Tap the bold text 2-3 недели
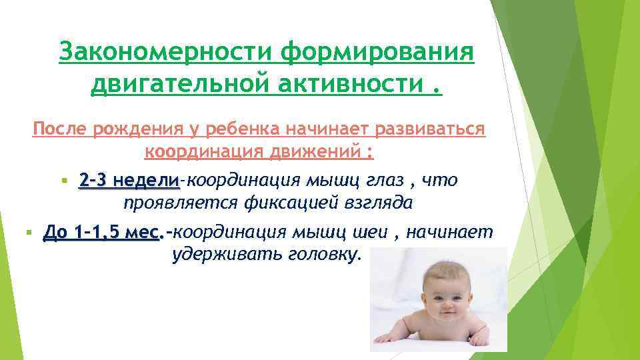[129, 181]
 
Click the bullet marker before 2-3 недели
[64, 181]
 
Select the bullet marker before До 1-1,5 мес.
[28, 233]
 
